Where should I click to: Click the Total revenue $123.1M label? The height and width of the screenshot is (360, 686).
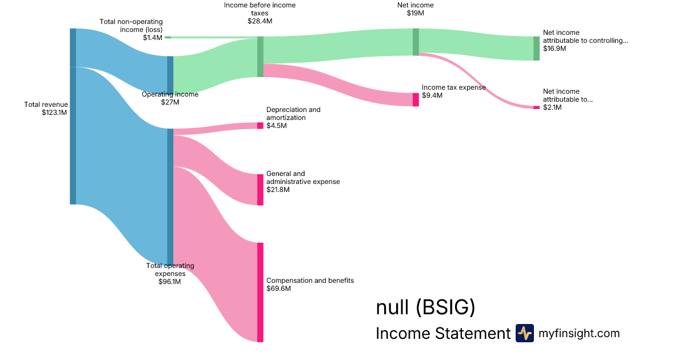point(46,109)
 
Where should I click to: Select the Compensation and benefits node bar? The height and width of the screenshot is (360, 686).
point(260,292)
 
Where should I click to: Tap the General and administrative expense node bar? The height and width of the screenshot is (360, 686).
point(260,189)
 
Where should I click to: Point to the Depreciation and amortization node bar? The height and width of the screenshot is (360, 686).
point(260,126)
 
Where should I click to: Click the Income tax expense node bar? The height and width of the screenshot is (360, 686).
point(416,99)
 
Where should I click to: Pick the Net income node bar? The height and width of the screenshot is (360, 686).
point(416,42)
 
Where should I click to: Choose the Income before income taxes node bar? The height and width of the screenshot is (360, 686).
point(260,57)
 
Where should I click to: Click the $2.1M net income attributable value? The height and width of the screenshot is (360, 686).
point(552,107)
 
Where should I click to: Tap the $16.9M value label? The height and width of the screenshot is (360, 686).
point(555,49)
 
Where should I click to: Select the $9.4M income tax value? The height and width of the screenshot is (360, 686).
point(432,96)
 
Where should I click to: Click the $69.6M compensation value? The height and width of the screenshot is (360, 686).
point(279,289)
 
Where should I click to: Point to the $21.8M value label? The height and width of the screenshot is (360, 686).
point(278,190)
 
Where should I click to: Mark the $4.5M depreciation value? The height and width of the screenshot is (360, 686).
point(277,126)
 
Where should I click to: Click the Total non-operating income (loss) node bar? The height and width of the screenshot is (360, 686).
point(167,37)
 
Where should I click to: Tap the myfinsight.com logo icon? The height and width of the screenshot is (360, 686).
point(524,333)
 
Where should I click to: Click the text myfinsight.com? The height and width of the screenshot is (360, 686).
point(579,333)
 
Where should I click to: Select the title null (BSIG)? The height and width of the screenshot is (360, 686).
point(425,307)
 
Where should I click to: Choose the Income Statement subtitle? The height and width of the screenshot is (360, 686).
point(442,334)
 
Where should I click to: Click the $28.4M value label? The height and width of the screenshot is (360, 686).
point(260,21)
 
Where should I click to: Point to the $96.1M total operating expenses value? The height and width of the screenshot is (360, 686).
point(170,282)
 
